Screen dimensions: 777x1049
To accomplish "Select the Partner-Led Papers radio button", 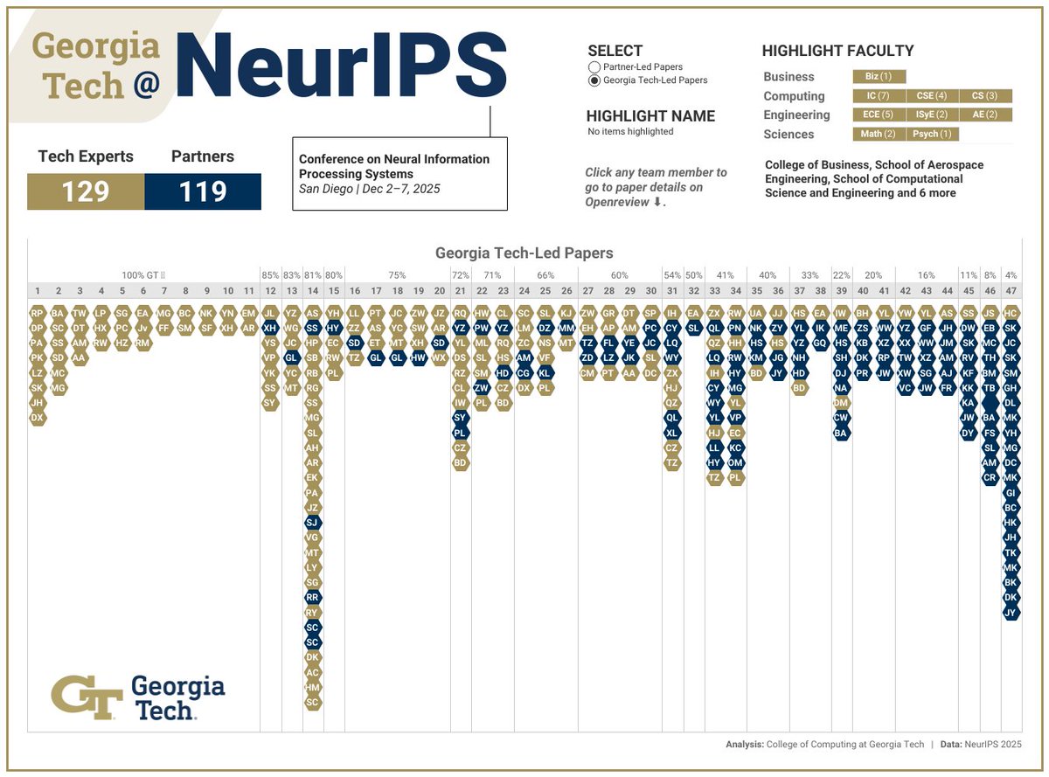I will [594, 67].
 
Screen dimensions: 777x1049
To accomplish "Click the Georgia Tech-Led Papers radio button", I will [594, 80].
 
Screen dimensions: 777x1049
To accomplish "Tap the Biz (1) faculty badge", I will [879, 77].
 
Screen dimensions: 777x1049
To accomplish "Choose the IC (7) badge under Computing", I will [879, 96].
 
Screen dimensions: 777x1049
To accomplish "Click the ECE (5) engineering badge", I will [879, 114].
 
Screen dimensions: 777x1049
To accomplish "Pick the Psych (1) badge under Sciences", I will [933, 134].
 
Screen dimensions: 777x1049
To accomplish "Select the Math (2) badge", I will [879, 134].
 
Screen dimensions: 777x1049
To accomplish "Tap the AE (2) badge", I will [985, 114].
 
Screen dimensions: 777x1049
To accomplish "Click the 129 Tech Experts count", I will [86, 191].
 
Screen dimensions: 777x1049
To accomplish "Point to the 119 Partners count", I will [203, 191].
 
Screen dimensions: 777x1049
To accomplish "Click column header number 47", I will [1011, 291].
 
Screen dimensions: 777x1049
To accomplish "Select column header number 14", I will [313, 291].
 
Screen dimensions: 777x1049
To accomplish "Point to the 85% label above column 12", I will [270, 274].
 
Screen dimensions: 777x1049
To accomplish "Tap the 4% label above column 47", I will [1011, 274].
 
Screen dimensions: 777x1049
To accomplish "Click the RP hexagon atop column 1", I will [37, 312].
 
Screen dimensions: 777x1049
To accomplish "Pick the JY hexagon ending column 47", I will [1011, 612].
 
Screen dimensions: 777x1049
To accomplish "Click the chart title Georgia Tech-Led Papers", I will [524, 253].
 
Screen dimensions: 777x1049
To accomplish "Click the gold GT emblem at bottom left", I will [86, 697].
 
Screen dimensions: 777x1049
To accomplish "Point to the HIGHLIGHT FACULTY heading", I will [837, 51].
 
